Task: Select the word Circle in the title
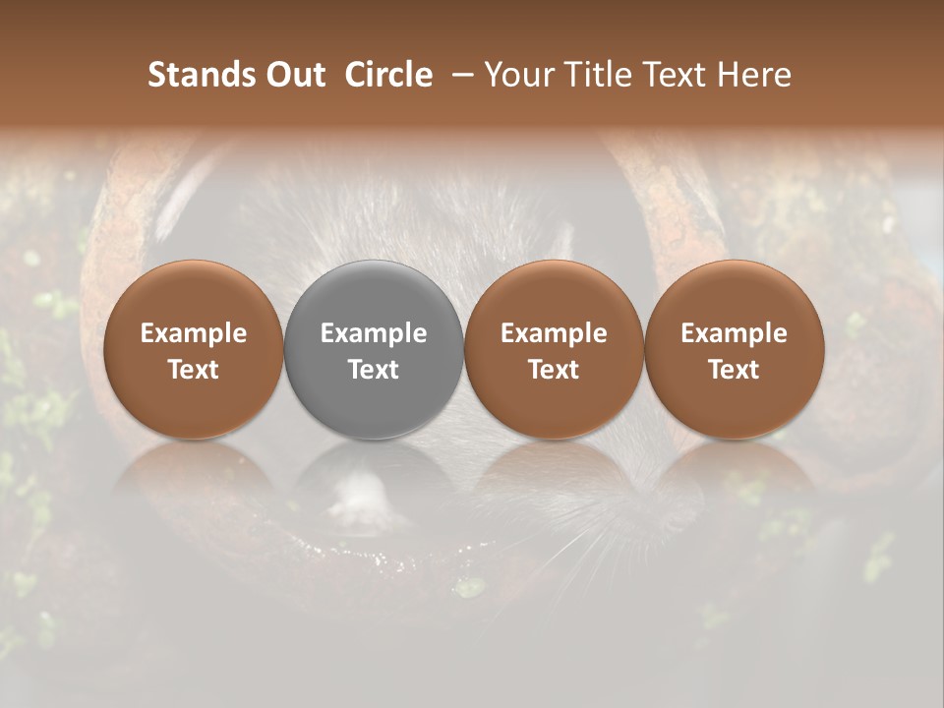click(387, 76)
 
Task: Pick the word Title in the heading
click(601, 76)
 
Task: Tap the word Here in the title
click(757, 76)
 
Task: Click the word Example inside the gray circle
click(374, 334)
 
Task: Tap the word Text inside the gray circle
click(374, 370)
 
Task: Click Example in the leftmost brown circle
click(194, 334)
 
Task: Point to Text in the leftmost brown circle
click(194, 370)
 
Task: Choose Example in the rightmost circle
click(735, 334)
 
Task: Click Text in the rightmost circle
click(735, 370)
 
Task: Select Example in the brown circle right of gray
click(554, 334)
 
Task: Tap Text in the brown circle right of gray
click(554, 370)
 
